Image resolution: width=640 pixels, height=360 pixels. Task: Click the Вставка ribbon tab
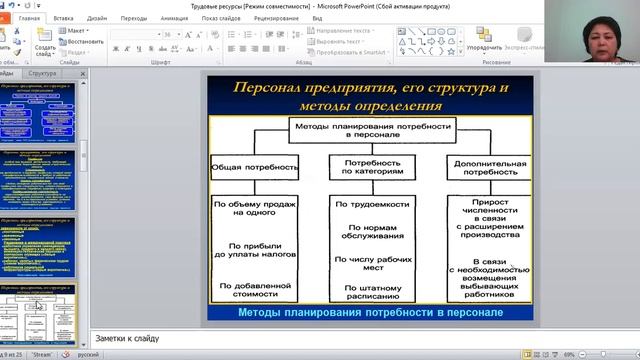pyautogui.click(x=63, y=18)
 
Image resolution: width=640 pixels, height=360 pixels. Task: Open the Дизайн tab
pyautogui.click(x=97, y=18)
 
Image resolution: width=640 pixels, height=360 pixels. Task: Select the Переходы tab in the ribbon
pyautogui.click(x=133, y=18)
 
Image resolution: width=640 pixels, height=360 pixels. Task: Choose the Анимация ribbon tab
pyautogui.click(x=173, y=18)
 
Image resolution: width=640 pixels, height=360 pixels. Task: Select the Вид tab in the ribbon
pyautogui.click(x=316, y=18)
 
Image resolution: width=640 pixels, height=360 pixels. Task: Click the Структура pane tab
pyautogui.click(x=43, y=74)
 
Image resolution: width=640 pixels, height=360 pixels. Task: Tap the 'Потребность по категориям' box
pyautogui.click(x=372, y=167)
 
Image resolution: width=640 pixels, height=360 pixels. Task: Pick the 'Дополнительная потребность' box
pyautogui.click(x=490, y=167)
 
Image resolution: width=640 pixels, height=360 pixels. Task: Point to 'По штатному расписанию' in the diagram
pyautogui.click(x=372, y=290)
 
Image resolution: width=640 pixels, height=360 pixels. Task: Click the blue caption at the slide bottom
pyautogui.click(x=371, y=314)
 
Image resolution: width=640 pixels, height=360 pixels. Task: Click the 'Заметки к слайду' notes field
pyautogui.click(x=300, y=337)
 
